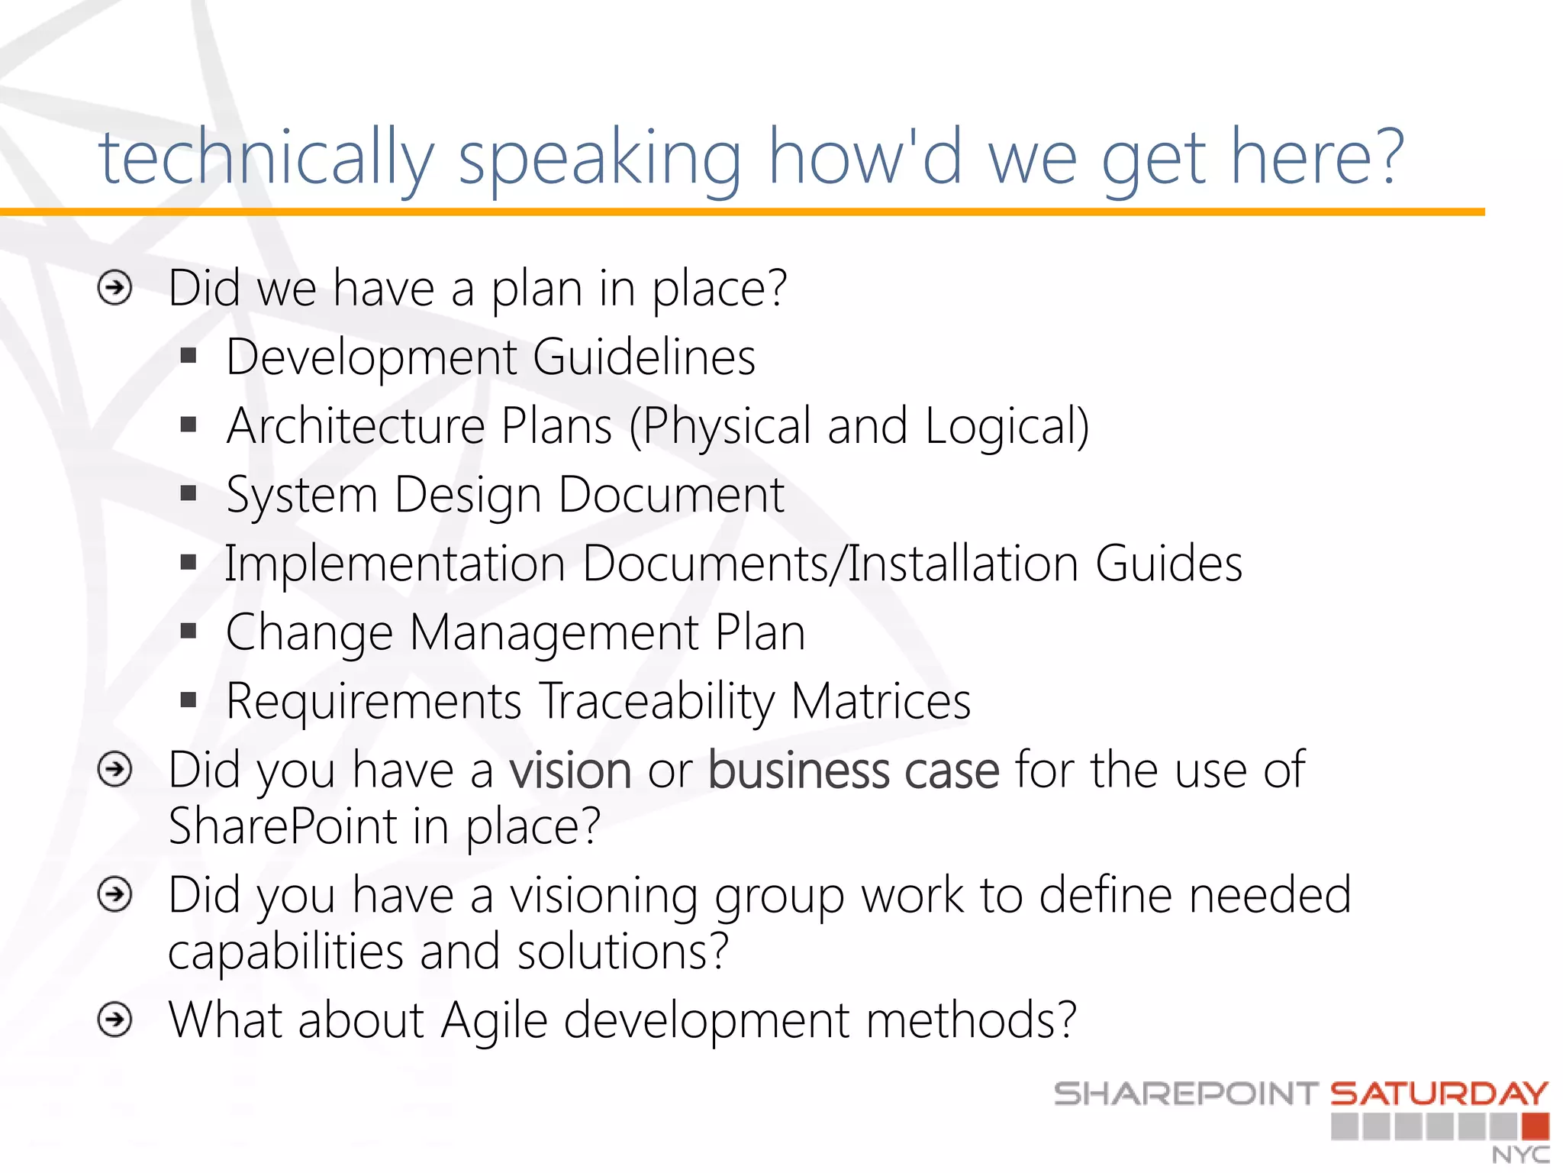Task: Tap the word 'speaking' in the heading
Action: click(599, 158)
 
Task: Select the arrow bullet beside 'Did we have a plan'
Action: click(115, 289)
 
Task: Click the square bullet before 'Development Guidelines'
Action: click(189, 356)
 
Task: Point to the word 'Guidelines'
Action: click(643, 357)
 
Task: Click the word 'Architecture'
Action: click(356, 425)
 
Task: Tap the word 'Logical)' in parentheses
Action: click(1007, 426)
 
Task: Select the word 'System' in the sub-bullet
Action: click(302, 495)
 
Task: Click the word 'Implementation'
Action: click(395, 564)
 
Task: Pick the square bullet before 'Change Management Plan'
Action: click(189, 631)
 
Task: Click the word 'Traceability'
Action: click(656, 701)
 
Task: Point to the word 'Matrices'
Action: click(881, 701)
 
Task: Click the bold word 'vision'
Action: click(570, 770)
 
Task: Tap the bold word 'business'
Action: click(798, 770)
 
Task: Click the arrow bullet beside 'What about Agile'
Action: click(115, 1020)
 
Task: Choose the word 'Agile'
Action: click(494, 1021)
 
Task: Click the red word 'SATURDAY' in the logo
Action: click(1439, 1094)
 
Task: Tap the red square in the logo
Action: click(1535, 1126)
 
